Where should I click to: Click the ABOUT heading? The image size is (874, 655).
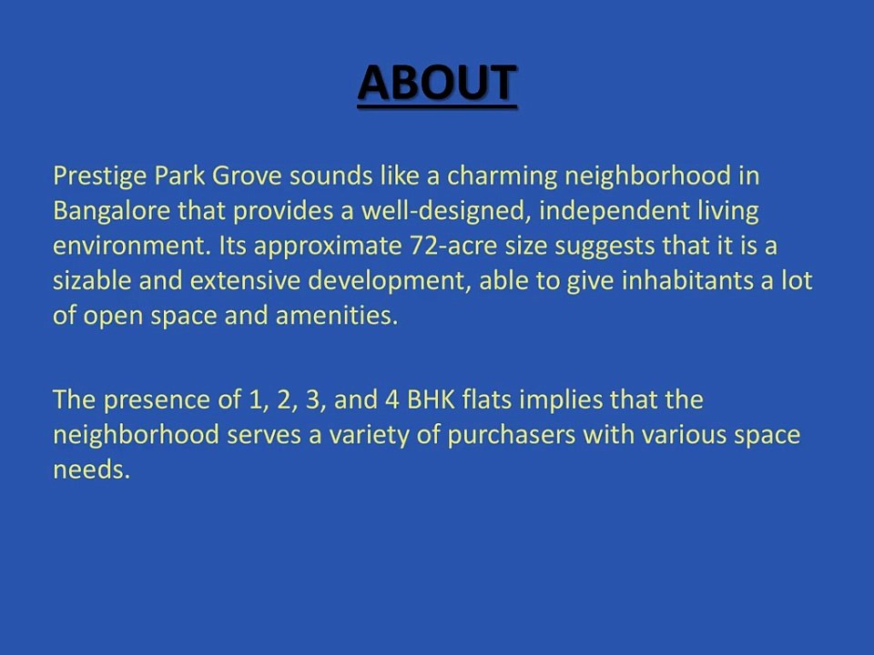(x=437, y=83)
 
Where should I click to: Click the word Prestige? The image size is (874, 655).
(x=100, y=176)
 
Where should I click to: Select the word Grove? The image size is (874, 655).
(x=247, y=176)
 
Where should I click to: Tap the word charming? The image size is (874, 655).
(x=502, y=176)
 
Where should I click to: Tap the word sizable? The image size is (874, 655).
(x=93, y=280)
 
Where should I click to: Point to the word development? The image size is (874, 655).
(x=386, y=281)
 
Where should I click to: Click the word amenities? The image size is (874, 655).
(x=337, y=316)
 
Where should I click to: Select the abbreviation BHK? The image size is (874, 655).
(x=432, y=400)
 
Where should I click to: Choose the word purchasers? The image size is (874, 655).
(x=511, y=436)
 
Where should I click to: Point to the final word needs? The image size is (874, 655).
(x=91, y=469)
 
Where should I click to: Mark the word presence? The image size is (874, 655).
(x=157, y=401)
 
